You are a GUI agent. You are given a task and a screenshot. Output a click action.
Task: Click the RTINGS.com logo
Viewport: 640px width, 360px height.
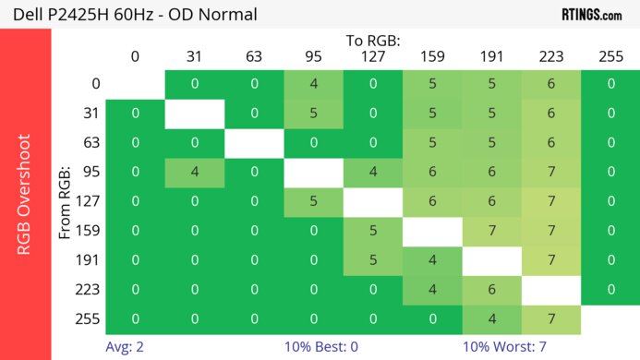click(591, 14)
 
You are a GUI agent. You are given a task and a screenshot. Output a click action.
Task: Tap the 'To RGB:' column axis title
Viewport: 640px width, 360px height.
click(373, 41)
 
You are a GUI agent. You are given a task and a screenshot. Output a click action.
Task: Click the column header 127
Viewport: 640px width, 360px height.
click(373, 56)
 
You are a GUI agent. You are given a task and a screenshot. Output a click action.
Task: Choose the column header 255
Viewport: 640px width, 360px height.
click(610, 56)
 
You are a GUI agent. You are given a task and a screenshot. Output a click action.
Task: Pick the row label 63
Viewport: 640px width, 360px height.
click(91, 143)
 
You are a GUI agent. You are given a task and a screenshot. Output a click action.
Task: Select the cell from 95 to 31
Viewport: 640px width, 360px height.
click(195, 172)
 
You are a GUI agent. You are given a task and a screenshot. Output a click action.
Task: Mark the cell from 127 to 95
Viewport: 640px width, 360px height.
click(314, 201)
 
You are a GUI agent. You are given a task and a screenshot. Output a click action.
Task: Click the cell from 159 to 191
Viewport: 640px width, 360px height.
click(491, 231)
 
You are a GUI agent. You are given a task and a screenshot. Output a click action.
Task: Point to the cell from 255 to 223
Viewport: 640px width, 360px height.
click(551, 318)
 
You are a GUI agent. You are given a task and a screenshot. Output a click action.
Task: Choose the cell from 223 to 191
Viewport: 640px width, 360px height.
click(491, 289)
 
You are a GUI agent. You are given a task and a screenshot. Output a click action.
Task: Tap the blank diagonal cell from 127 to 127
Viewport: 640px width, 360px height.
click(373, 201)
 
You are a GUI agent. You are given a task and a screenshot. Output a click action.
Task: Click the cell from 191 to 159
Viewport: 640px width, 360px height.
click(432, 259)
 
